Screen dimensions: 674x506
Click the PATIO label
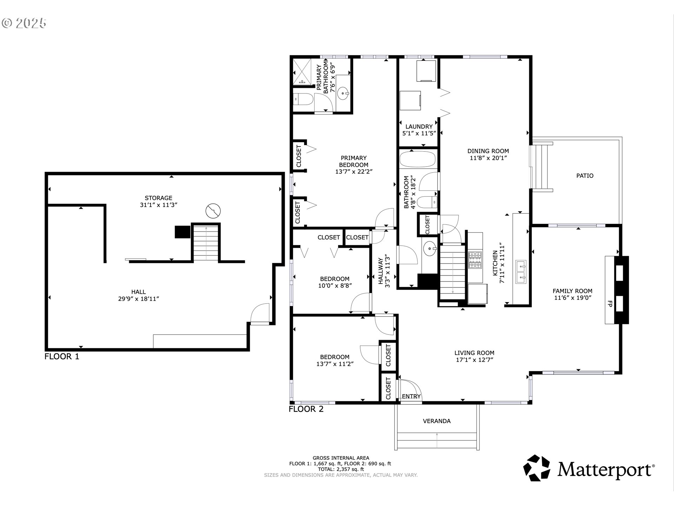[585, 176]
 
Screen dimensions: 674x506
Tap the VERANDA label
[437, 421]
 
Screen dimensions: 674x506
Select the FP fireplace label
[610, 304]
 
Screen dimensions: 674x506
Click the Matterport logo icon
[537, 468]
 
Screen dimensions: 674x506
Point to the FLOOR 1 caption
[62, 356]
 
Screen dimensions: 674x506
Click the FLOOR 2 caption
[306, 409]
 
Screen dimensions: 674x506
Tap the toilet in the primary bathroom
[303, 99]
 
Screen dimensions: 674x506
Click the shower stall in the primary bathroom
[302, 72]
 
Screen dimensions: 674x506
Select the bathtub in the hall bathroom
[417, 159]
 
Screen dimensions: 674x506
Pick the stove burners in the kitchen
[475, 260]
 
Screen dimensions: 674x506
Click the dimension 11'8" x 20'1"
[488, 158]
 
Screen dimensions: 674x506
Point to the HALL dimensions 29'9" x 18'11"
[139, 299]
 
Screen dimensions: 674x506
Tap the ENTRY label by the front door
[411, 396]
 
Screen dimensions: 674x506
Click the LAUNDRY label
[419, 126]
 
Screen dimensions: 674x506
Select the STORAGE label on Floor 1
[159, 198]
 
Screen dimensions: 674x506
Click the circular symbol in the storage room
[213, 211]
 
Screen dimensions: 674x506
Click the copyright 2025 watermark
[24, 23]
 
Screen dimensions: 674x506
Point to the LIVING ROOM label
[474, 353]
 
